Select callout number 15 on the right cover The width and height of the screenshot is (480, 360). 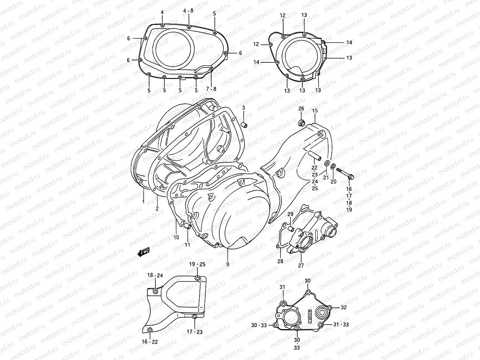314,111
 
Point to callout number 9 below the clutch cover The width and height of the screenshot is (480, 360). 228,264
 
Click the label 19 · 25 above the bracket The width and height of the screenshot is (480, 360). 197,264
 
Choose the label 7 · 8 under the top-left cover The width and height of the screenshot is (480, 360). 211,89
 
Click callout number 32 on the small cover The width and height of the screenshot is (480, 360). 344,307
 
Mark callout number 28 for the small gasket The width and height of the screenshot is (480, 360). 280,261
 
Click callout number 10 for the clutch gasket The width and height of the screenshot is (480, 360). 176,237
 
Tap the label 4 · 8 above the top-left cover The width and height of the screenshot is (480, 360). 189,11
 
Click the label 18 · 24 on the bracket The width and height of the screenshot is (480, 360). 155,275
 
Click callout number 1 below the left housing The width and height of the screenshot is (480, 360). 143,201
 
